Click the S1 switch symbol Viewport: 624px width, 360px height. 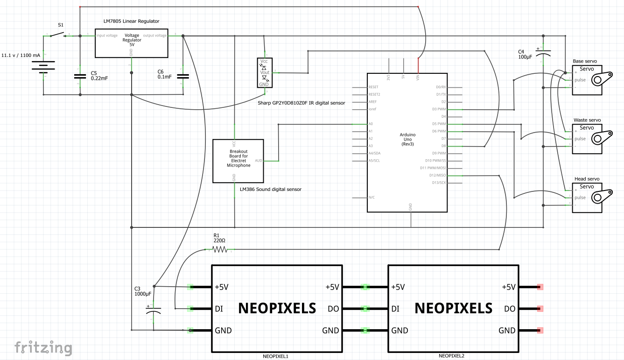[58, 35]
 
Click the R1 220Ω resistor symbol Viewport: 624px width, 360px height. [219, 250]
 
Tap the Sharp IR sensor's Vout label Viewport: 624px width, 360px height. [265, 72]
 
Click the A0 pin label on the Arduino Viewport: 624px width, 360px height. [371, 124]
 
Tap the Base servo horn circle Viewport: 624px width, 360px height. [597, 80]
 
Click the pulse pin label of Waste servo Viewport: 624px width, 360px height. [580, 139]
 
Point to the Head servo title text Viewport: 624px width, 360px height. [587, 179]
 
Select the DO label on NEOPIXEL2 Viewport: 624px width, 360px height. [510, 309]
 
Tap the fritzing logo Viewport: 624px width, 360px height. [43, 348]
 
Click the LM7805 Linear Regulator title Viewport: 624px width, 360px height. [131, 21]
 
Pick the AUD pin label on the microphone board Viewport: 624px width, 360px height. [258, 161]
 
